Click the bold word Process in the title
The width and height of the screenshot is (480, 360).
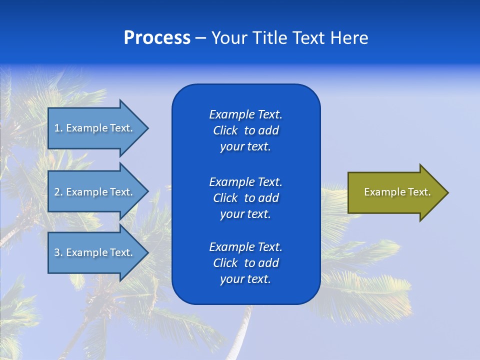[157, 38]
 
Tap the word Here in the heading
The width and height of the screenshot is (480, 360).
[349, 38]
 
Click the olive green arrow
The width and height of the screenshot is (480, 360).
[395, 192]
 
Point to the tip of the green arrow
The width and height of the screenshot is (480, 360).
[447, 192]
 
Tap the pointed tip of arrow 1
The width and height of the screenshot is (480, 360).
[147, 128]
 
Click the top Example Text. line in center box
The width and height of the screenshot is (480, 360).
[245, 114]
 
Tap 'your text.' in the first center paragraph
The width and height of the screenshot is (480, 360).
[245, 147]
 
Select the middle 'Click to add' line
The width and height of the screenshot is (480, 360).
[245, 198]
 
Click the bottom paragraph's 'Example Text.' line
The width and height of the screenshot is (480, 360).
[245, 247]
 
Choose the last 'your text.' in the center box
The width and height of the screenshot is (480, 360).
[245, 279]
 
